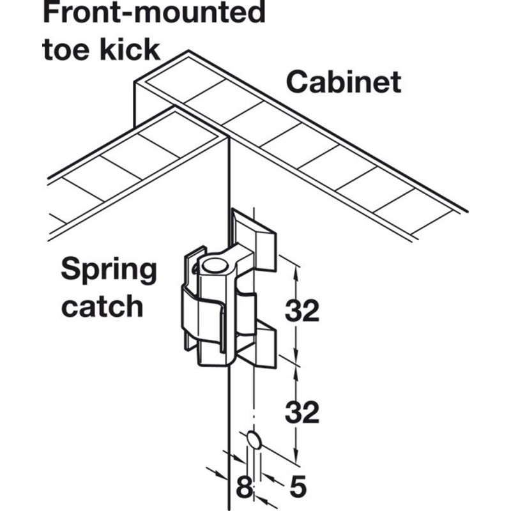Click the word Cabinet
(x=343, y=82)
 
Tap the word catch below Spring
(x=102, y=307)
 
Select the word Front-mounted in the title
(x=154, y=13)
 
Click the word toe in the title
(x=66, y=49)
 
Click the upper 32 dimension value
(x=302, y=312)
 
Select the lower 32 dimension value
(x=302, y=413)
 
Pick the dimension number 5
(x=297, y=487)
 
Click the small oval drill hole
(x=254, y=439)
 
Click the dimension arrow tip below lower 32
(x=295, y=457)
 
